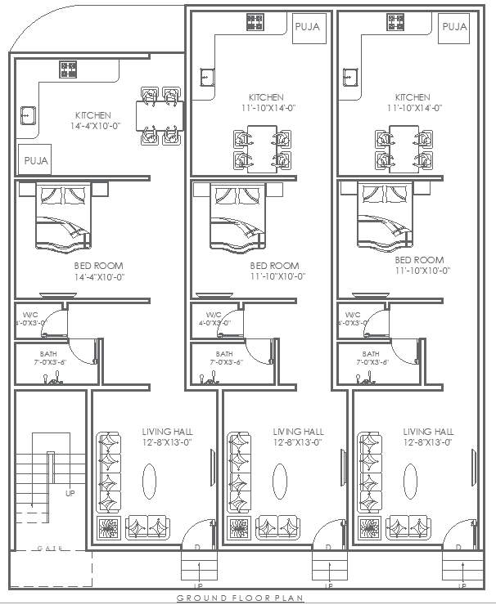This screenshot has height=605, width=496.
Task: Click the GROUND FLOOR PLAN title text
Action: tap(241, 598)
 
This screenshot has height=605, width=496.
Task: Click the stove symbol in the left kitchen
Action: tap(68, 69)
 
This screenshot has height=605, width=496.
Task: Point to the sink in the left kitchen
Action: tap(28, 116)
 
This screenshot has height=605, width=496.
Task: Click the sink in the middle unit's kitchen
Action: tap(205, 78)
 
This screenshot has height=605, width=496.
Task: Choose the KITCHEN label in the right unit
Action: tap(413, 102)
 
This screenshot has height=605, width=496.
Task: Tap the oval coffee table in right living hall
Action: tap(410, 477)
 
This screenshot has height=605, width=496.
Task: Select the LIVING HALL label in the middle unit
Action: tap(298, 437)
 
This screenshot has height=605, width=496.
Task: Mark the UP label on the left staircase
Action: tap(70, 493)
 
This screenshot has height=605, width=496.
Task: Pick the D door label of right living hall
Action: tap(458, 548)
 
